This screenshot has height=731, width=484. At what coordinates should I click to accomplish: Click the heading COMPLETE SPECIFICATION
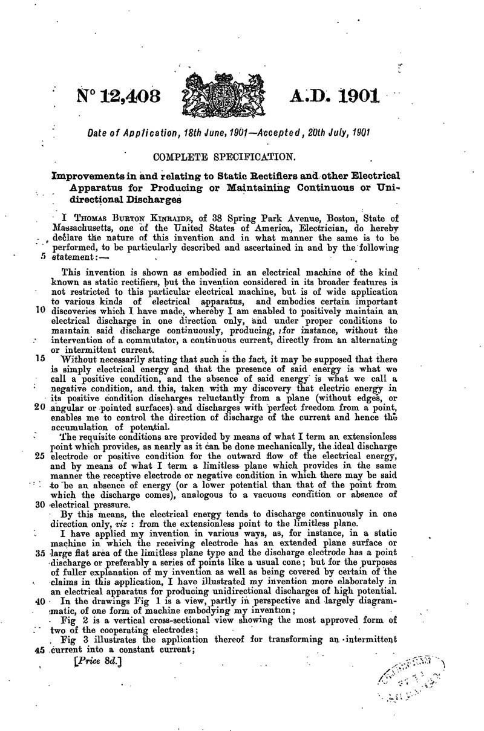(x=224, y=158)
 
